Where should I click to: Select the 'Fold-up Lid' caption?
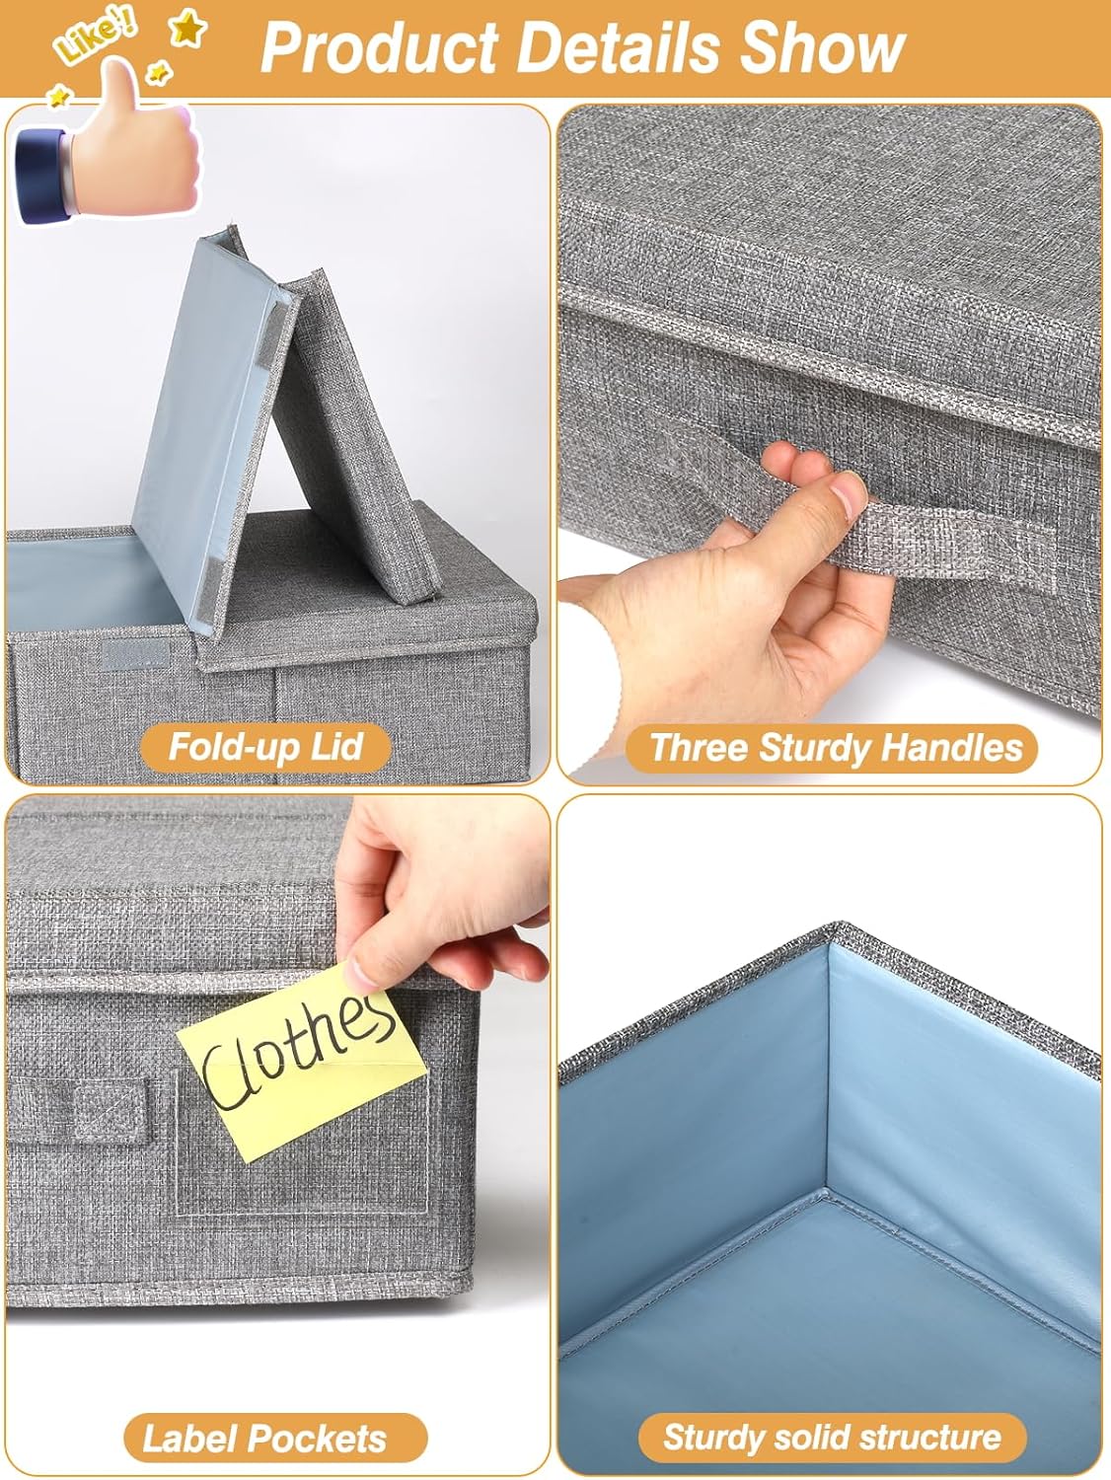pos(265,746)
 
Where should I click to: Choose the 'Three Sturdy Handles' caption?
pos(836,747)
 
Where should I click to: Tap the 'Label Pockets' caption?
pos(264,1438)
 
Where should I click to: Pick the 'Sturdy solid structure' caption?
pos(832,1437)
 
